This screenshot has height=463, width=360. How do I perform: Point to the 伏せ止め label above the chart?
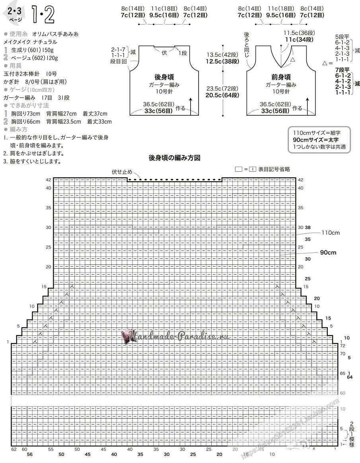(122, 172)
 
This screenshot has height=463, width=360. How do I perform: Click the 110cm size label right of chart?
(331, 232)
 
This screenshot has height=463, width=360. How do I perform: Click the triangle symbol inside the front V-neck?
(293, 59)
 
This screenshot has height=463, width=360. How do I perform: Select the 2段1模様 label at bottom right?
(352, 434)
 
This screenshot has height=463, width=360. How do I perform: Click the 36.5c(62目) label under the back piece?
(158, 105)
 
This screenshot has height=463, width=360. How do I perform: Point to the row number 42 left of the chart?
(49, 180)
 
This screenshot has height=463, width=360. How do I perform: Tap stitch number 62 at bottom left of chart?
(14, 449)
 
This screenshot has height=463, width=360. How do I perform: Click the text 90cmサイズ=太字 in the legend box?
(317, 140)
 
